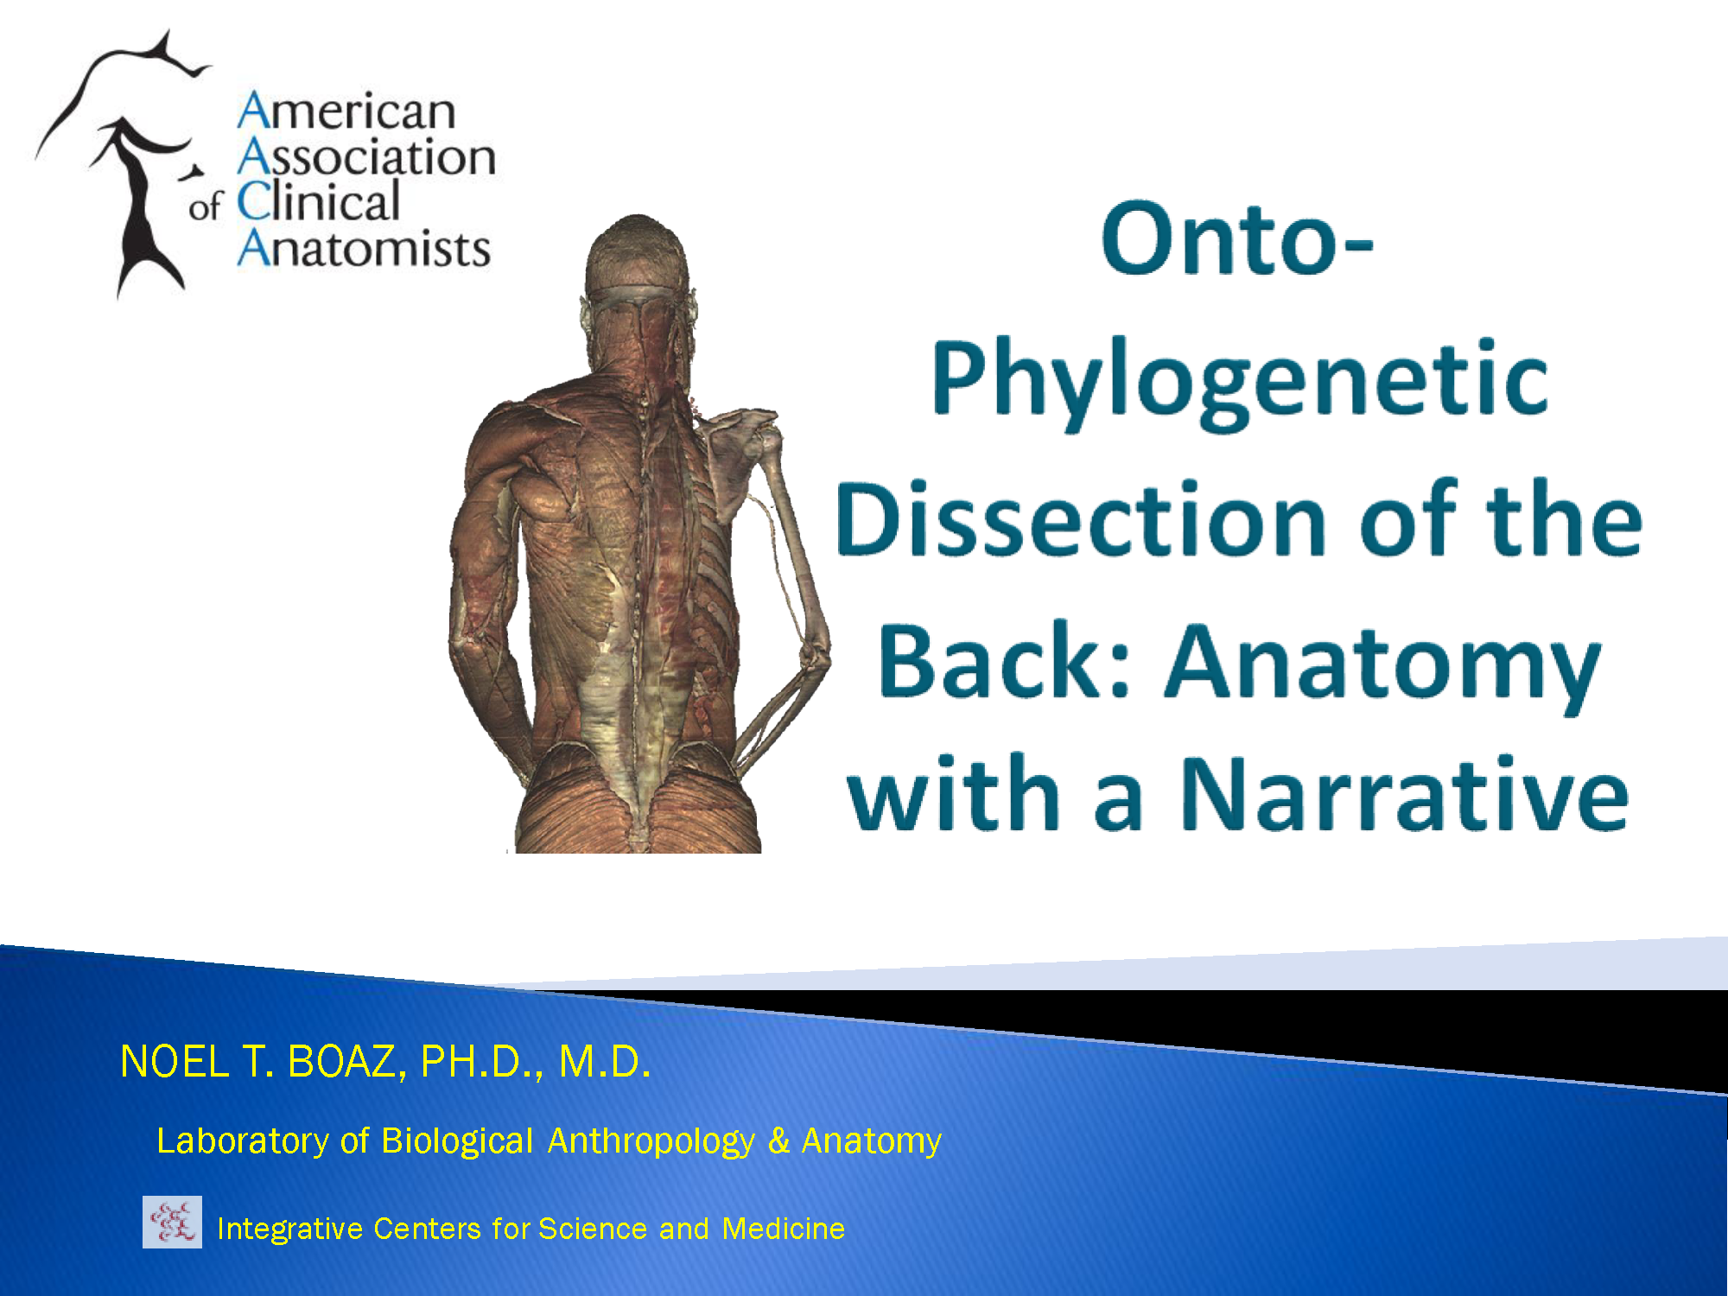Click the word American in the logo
346,112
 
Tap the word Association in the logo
366,158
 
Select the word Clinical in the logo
318,203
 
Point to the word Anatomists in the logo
364,249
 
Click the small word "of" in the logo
206,206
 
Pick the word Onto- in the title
1237,239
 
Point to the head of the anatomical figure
638,259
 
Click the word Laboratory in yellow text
243,1141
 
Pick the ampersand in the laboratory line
778,1140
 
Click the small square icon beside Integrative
172,1222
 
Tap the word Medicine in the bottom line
783,1229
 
